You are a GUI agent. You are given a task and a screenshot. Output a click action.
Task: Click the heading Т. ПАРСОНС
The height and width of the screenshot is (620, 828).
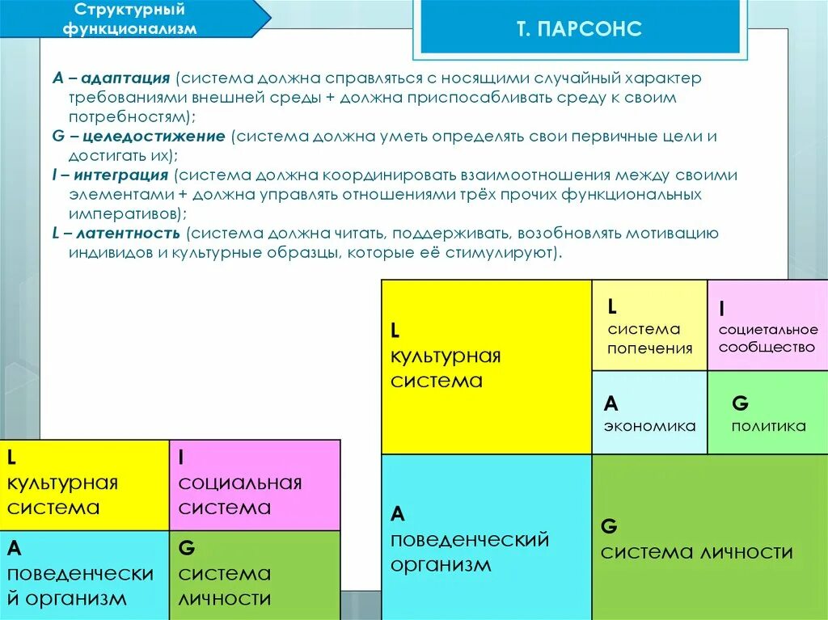pyautogui.click(x=580, y=30)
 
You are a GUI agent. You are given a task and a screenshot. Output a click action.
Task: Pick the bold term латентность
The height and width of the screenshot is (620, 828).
pyautogui.click(x=128, y=234)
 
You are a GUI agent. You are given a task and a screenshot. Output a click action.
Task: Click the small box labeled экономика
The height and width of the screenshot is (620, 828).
pyautogui.click(x=649, y=426)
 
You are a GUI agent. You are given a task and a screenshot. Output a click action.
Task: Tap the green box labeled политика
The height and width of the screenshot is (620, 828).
pyautogui.click(x=768, y=426)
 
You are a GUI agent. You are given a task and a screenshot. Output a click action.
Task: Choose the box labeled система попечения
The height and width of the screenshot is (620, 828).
pyautogui.click(x=650, y=339)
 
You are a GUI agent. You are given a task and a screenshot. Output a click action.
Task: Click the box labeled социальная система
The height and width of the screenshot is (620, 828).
pyautogui.click(x=255, y=495)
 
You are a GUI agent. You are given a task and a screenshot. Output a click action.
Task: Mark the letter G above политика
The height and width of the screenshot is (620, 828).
pyautogui.click(x=740, y=402)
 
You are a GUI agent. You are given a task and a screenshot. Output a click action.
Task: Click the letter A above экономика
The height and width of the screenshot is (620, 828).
pyautogui.click(x=611, y=403)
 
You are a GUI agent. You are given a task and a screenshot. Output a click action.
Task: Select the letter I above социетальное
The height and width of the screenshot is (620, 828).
pyautogui.click(x=720, y=309)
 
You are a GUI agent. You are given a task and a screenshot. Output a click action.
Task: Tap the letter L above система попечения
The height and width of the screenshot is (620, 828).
pyautogui.click(x=613, y=306)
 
